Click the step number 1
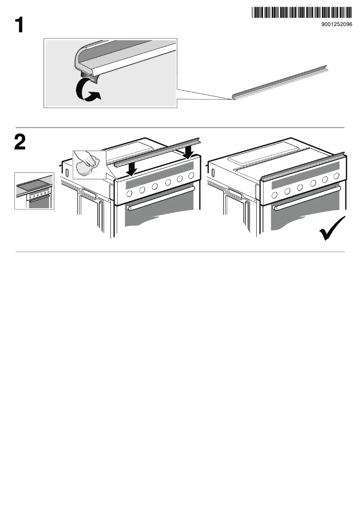pyautogui.click(x=19, y=25)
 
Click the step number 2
pyautogui.click(x=20, y=142)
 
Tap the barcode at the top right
pyautogui.click(x=302, y=12)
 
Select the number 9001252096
pyautogui.click(x=337, y=24)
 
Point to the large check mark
pyautogui.click(x=332, y=228)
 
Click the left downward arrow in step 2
pyautogui.click(x=132, y=169)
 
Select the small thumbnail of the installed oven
pyautogui.click(x=34, y=191)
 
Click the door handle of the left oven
pyautogui.click(x=161, y=198)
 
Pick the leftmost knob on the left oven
pyautogui.click(x=129, y=194)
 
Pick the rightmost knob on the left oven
pyautogui.click(x=191, y=176)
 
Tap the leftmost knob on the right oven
pyautogui.click(x=274, y=195)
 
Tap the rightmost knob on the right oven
pyautogui.click(x=336, y=176)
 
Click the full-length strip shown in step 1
pyautogui.click(x=280, y=83)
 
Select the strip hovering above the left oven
pyautogui.click(x=157, y=152)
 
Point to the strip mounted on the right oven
pyautogui.click(x=303, y=166)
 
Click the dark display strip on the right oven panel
pyautogui.click(x=306, y=176)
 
